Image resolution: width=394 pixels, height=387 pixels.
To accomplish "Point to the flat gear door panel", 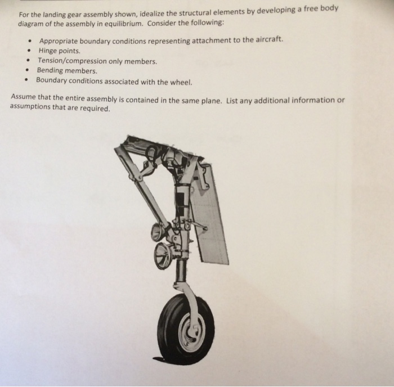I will [x=211, y=214].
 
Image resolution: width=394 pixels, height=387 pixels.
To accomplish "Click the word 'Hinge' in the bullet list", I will [x=48, y=51].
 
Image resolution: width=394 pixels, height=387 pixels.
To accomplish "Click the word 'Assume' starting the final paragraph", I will [x=24, y=97].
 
